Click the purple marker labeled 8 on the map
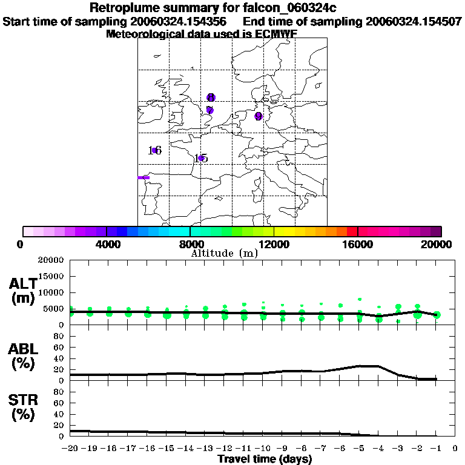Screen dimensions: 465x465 211,97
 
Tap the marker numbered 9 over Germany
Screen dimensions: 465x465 259,116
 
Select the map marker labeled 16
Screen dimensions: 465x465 154,150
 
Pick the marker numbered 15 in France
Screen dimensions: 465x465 202,159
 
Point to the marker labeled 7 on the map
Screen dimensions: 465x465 209,110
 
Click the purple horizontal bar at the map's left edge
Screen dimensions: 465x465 143,177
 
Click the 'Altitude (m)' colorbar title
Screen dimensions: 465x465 225,253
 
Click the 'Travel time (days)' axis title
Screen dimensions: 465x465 265,460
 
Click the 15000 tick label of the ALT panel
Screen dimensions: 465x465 51,276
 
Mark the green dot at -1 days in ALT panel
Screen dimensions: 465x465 437,315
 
